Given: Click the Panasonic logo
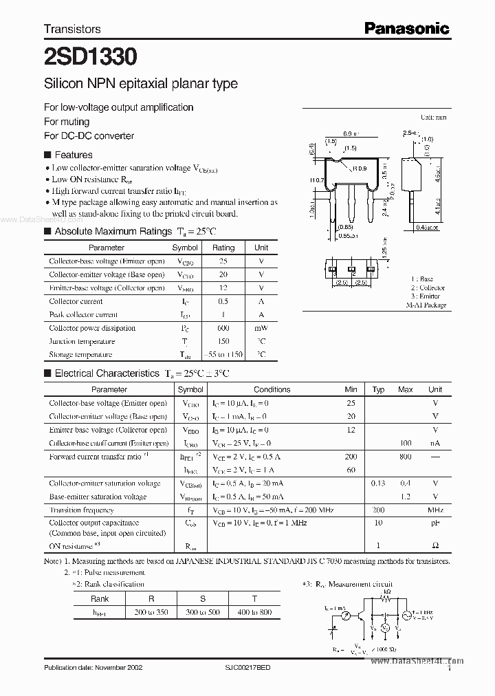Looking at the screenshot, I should [x=406, y=28].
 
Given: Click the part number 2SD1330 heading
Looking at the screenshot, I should [x=89, y=55].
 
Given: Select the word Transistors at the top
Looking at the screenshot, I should [x=72, y=29].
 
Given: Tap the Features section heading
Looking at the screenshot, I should [x=73, y=155].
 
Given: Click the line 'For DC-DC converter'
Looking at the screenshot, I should [x=89, y=135].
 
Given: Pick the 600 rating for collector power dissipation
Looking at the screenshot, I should [x=223, y=328].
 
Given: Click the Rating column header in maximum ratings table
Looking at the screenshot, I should [x=223, y=248].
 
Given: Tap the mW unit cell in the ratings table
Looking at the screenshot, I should [x=261, y=328].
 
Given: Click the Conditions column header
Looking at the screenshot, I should [x=272, y=389].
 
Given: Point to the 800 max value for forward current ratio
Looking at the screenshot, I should [x=406, y=457].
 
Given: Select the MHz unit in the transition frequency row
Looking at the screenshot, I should [x=435, y=510].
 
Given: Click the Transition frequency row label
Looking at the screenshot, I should [x=81, y=510].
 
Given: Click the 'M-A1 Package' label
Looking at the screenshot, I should [x=426, y=305].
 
